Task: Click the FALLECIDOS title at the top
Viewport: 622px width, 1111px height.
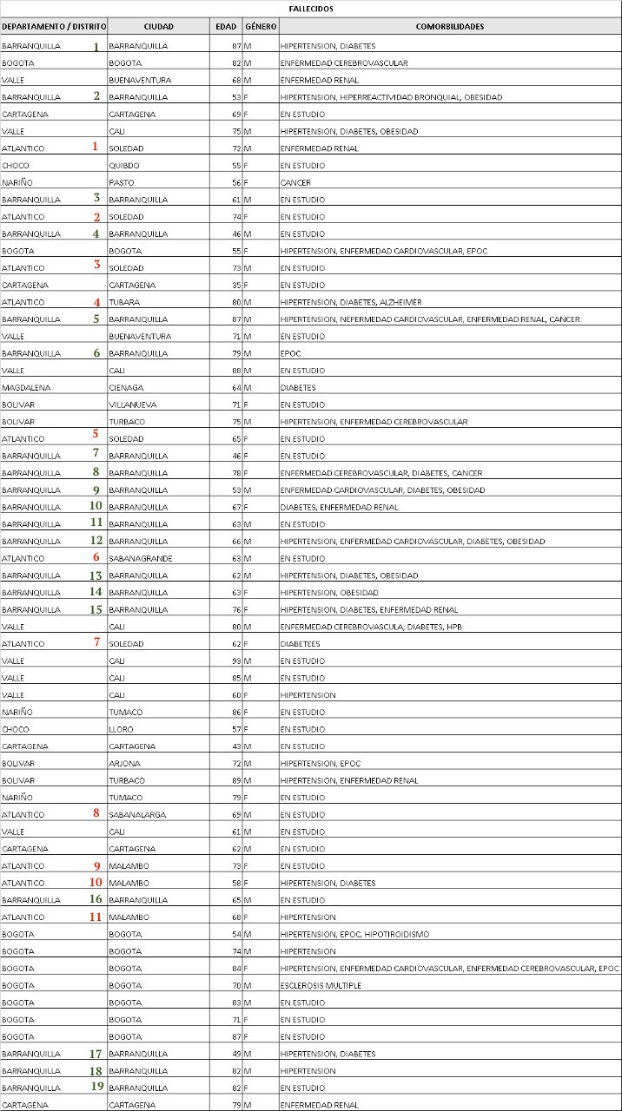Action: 311,9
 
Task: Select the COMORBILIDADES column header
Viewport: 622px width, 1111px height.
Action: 450,27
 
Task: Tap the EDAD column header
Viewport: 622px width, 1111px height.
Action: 226,27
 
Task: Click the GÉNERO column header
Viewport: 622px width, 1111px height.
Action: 261,27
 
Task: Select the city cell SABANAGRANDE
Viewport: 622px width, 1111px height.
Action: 140,558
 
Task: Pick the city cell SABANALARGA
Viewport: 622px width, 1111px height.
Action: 137,815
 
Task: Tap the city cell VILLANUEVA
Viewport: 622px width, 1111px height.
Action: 131,404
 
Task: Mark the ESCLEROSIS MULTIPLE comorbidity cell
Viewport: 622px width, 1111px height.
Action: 321,986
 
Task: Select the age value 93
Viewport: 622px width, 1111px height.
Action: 235,661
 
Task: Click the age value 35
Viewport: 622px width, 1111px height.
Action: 235,286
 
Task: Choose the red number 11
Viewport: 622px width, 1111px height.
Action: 96,917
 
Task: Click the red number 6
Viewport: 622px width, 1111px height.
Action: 96,557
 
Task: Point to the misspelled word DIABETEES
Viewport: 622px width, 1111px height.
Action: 300,644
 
